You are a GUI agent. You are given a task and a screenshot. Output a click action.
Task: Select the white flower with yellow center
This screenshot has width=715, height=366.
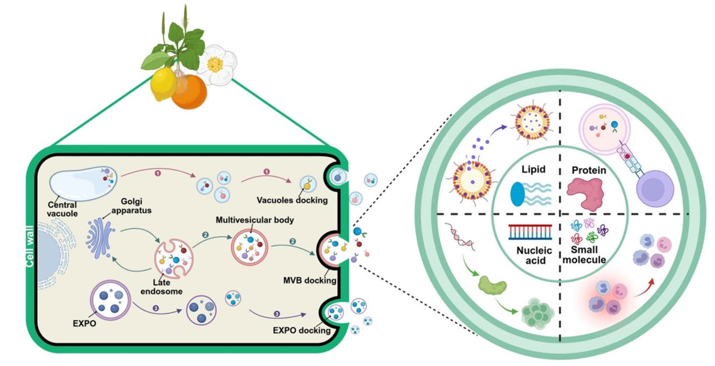click(x=216, y=64)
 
